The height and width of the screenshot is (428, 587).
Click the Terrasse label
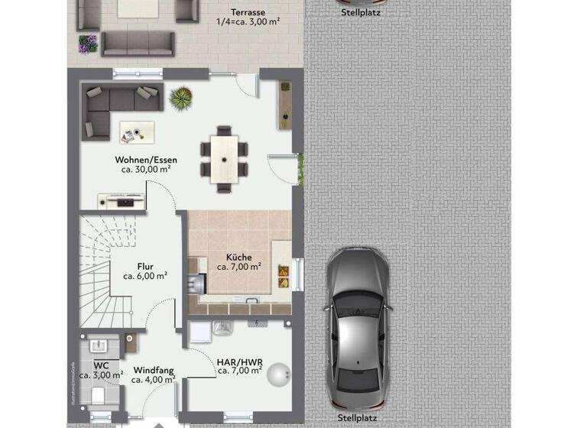pos(249,12)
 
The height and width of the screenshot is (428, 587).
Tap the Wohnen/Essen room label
pos(146,160)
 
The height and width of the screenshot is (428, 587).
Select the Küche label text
pos(238,258)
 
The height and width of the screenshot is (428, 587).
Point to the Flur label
pos(145,267)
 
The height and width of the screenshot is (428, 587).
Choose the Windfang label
pos(154,369)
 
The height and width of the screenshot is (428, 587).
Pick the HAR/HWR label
pos(239,361)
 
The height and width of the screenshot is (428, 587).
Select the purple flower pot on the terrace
pos(89,44)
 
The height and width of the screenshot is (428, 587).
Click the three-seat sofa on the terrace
pos(138,44)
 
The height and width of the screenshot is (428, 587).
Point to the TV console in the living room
pos(121,201)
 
